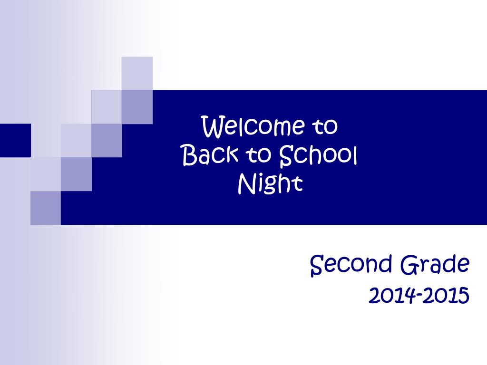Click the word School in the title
(318, 155)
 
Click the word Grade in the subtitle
(435, 264)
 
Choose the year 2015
(446, 295)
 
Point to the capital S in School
(286, 155)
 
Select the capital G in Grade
(409, 264)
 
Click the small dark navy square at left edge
(15, 140)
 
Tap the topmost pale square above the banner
(137, 73)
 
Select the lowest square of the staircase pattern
(46, 208)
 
